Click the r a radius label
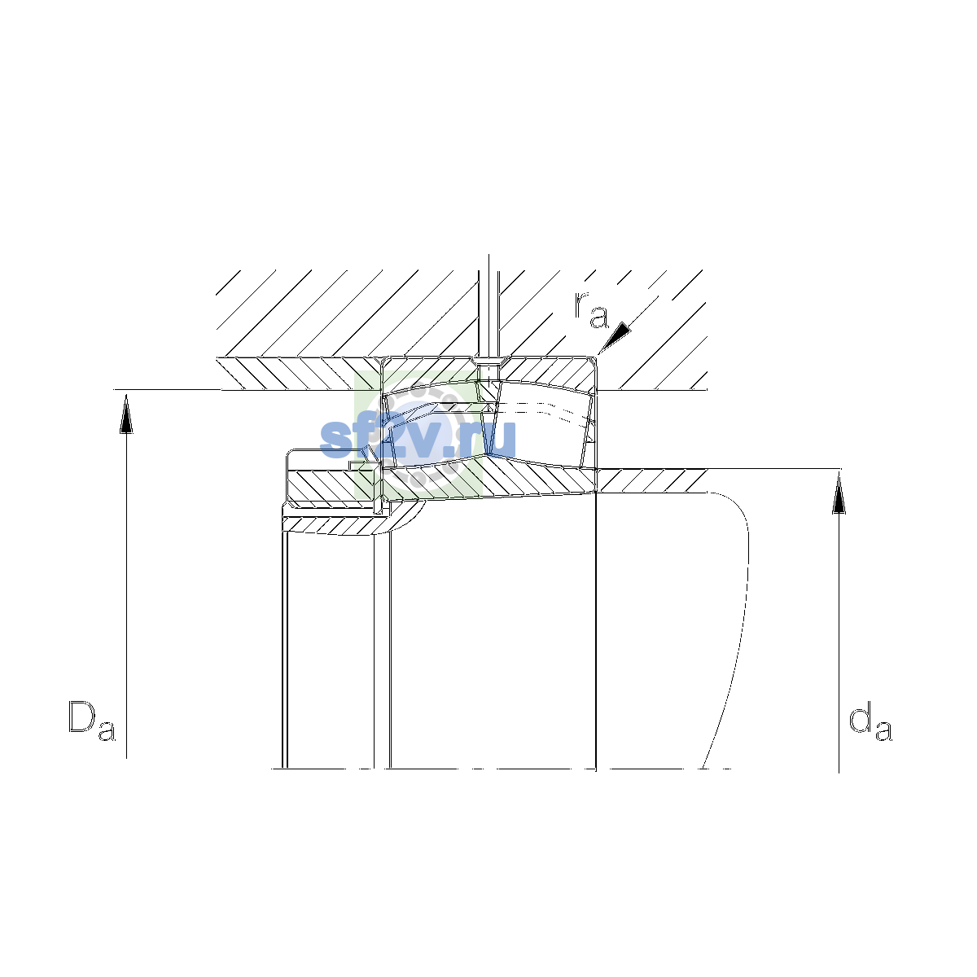coord(590,309)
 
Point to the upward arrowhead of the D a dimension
coord(126,414)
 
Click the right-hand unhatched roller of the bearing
coord(541,424)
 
